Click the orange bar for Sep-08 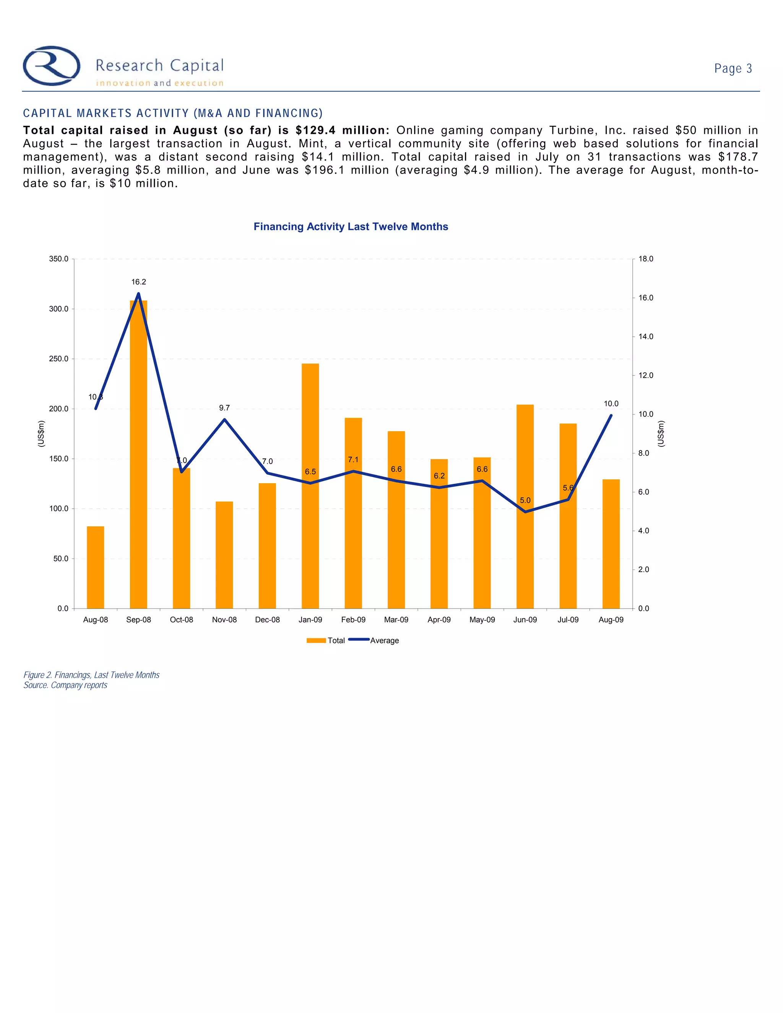click(138, 455)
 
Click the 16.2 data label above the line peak click(138, 282)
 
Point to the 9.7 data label click(224, 408)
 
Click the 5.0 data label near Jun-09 click(525, 500)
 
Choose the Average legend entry click(374, 641)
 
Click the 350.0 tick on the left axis click(59, 259)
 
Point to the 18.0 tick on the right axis click(646, 259)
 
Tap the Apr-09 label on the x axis click(439, 620)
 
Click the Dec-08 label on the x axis click(268, 620)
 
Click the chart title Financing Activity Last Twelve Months click(351, 227)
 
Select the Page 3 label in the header click(733, 69)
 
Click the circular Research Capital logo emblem click(52, 66)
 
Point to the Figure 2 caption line click(91, 675)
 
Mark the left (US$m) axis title click(41, 434)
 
